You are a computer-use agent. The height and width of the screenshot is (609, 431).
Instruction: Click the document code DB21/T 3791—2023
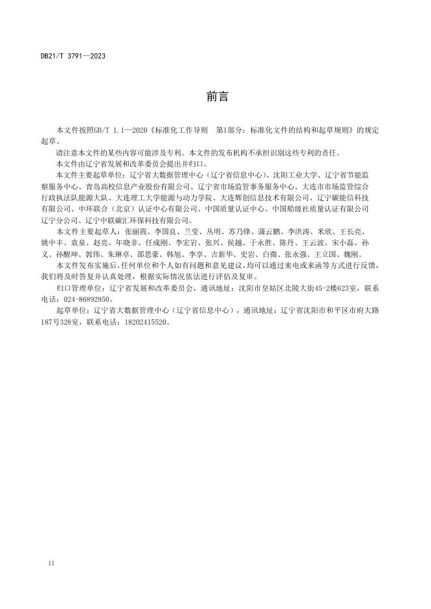(72, 56)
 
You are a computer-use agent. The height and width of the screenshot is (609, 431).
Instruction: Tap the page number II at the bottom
(51, 562)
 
